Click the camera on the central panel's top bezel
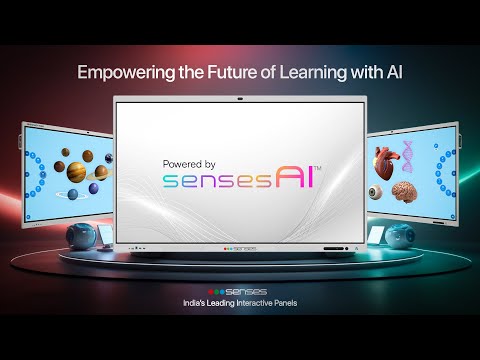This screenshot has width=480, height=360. coord(240,101)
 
